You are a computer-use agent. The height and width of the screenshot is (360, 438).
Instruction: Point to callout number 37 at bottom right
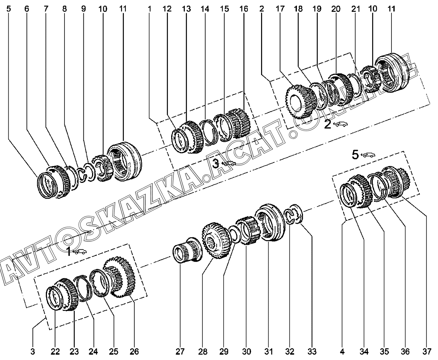[x=426, y=351]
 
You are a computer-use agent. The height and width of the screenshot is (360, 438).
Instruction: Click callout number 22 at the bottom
[x=55, y=351]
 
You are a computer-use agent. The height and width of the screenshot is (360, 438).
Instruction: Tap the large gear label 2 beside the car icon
[x=328, y=125]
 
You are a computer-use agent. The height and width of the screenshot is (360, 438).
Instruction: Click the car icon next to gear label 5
[x=369, y=155]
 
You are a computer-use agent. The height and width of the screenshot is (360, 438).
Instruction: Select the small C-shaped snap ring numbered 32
[x=290, y=216]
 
